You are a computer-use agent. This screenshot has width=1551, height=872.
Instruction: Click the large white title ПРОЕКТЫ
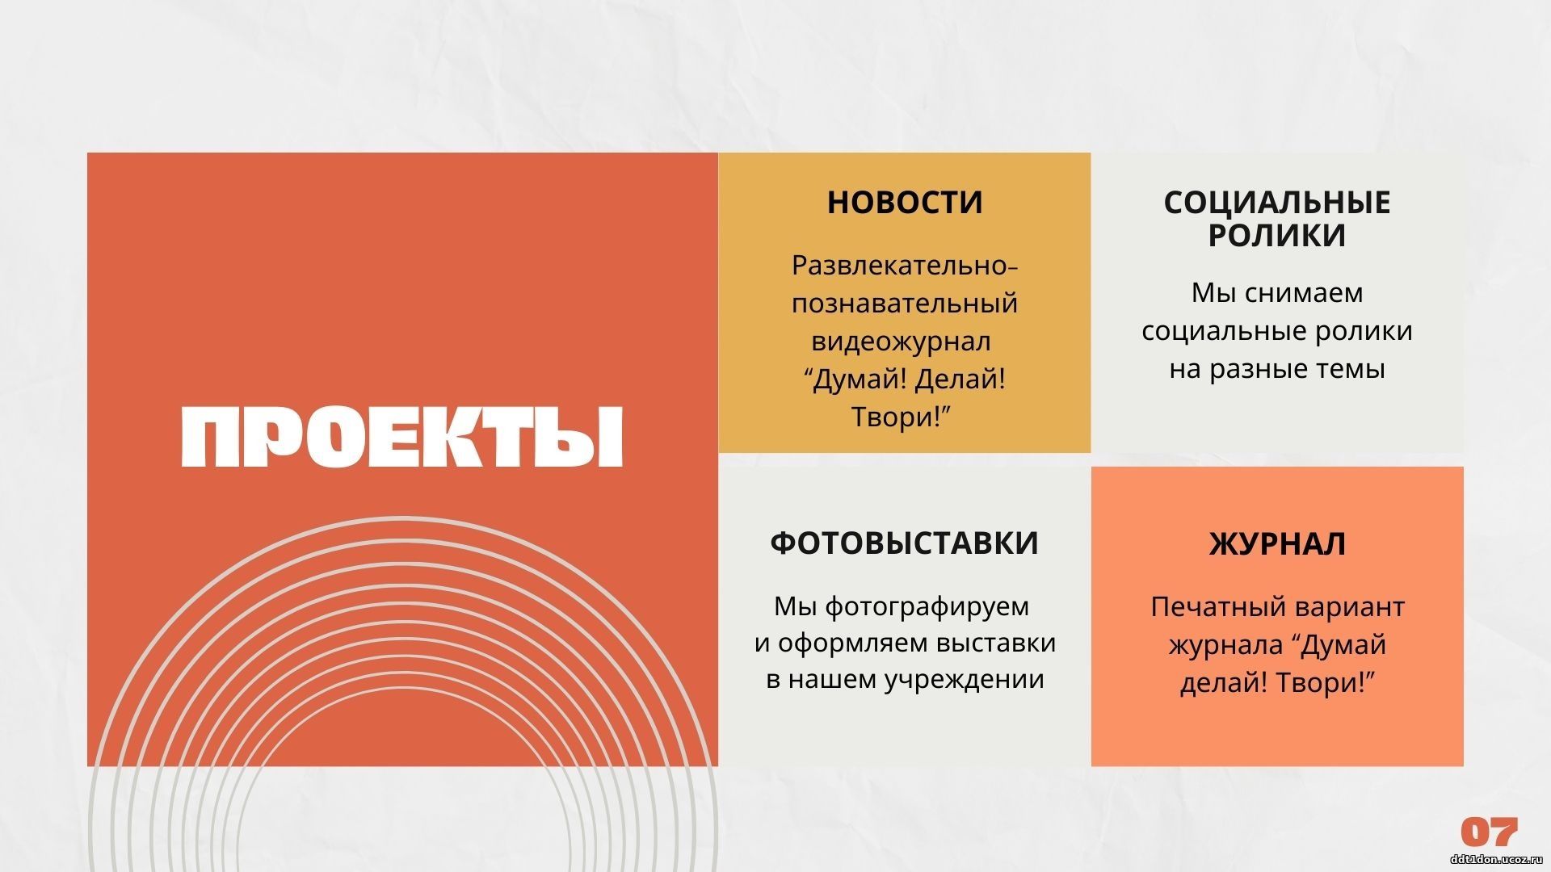click(402, 437)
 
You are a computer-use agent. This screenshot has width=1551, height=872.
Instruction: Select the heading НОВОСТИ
click(905, 202)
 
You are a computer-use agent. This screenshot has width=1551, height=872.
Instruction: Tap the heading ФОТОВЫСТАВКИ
click(905, 543)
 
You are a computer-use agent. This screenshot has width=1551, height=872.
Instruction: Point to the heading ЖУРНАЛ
click(1277, 543)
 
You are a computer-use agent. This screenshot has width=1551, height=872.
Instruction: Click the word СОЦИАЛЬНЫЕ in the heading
click(1277, 202)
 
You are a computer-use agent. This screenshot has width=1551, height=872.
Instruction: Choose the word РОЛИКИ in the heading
click(1277, 235)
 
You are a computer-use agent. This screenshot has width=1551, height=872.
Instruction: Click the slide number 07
click(1490, 832)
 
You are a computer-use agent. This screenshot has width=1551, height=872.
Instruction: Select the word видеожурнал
click(901, 341)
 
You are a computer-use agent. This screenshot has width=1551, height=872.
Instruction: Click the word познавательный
click(905, 303)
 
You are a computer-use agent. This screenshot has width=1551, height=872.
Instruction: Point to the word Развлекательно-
click(905, 265)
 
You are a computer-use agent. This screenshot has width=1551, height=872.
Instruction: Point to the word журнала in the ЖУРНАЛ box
click(1223, 645)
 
